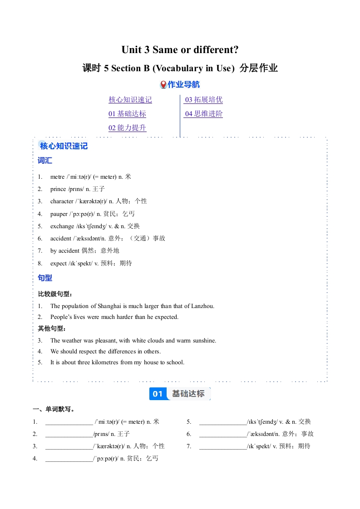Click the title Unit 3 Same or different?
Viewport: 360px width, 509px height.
(x=180, y=49)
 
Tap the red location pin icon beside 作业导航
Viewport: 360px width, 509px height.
(x=163, y=84)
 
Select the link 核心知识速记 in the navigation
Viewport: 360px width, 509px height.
(x=130, y=100)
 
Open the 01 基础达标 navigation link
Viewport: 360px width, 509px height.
(x=127, y=114)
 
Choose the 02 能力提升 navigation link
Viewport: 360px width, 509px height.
(x=127, y=128)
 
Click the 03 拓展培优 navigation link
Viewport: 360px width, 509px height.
(x=203, y=100)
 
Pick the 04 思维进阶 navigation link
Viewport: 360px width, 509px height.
(x=203, y=114)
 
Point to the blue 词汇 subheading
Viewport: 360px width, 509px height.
(x=45, y=161)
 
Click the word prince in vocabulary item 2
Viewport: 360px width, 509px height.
(x=58, y=189)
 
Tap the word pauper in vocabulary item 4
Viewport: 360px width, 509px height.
(x=59, y=214)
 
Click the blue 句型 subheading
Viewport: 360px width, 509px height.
(x=45, y=278)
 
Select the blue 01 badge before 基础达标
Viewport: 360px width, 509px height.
(x=158, y=394)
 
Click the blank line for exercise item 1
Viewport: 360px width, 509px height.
(x=69, y=422)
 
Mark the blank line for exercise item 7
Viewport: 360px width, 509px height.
(x=223, y=446)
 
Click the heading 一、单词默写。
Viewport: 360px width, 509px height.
(x=54, y=409)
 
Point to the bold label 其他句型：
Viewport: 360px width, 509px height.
(x=52, y=328)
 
